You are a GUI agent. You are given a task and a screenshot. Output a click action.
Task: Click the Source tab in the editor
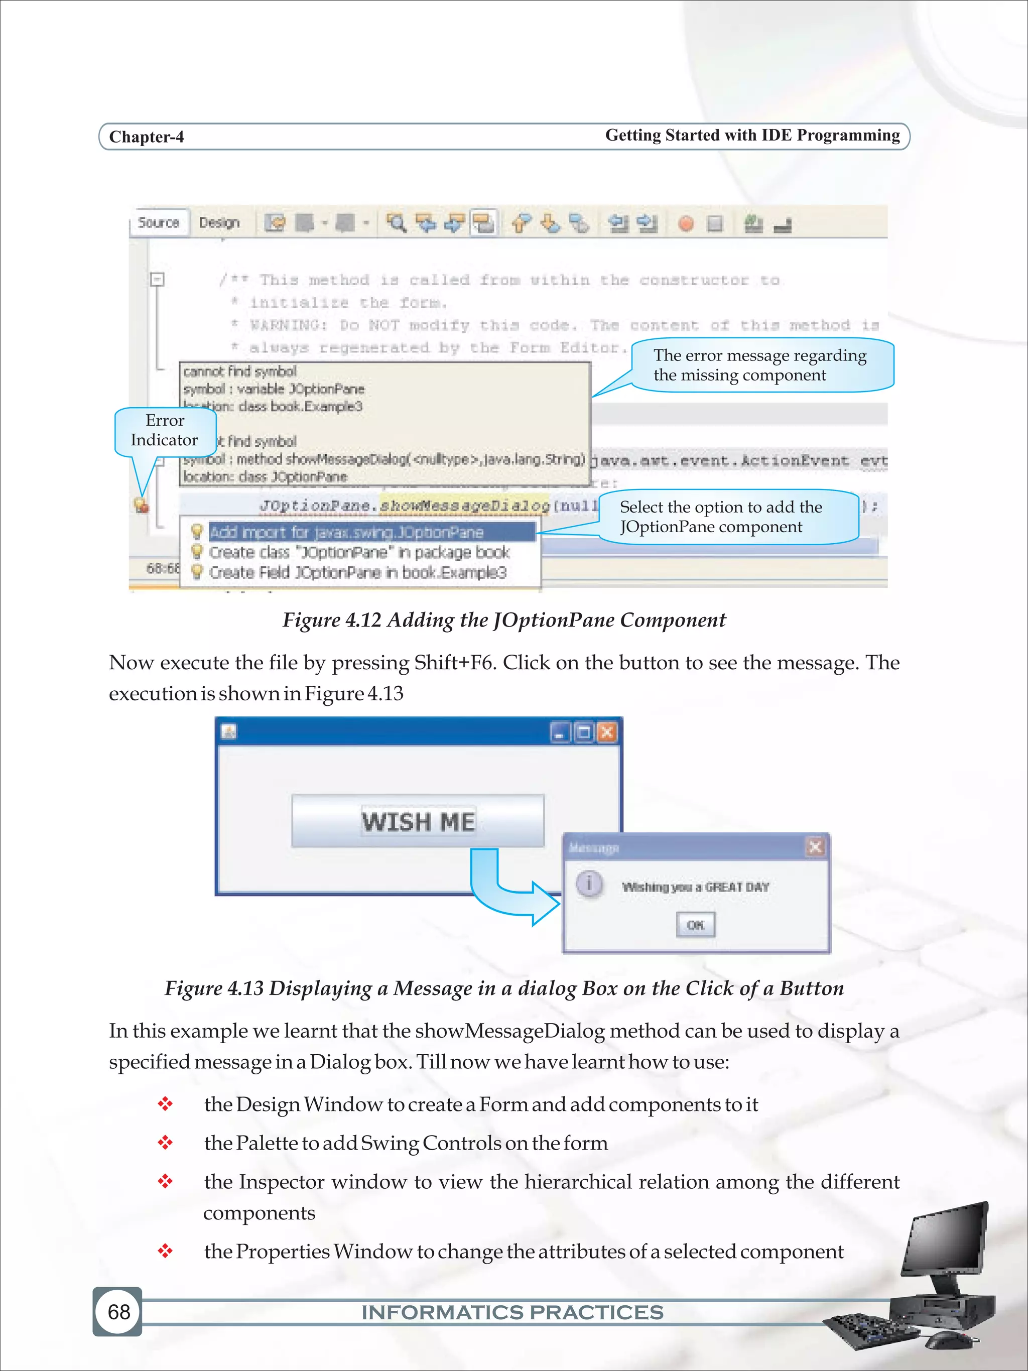158,222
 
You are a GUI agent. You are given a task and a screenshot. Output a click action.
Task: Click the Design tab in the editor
219,222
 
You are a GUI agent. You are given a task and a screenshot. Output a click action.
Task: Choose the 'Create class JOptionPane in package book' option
359,552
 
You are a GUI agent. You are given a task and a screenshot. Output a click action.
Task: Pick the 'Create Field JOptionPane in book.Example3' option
357,573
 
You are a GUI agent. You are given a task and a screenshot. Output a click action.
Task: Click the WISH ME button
418,821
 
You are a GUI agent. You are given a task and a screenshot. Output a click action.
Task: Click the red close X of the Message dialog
815,847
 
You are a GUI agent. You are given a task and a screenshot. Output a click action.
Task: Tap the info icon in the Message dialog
589,883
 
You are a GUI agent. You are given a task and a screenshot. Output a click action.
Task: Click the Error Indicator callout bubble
165,431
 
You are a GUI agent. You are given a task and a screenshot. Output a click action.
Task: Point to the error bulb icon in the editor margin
141,505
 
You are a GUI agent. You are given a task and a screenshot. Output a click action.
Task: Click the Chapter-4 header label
146,137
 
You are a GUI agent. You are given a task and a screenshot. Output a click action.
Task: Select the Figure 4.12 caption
504,620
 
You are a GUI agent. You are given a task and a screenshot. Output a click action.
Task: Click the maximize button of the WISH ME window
584,732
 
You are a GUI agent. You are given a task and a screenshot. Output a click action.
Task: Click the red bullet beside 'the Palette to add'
165,1142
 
